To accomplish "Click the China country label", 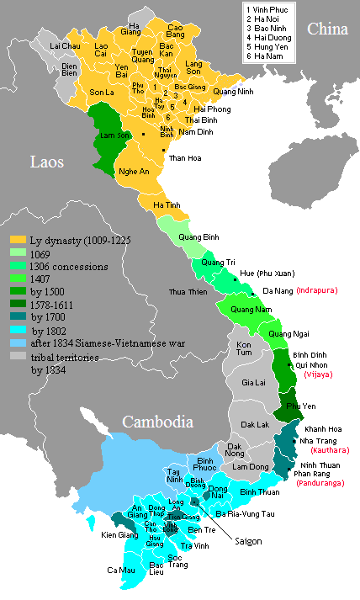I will click(x=327, y=29).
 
